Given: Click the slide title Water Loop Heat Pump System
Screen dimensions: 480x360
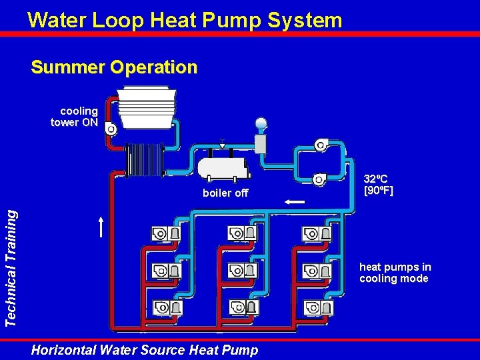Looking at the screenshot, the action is tap(185, 20).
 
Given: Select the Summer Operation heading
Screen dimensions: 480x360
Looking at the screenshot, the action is tap(114, 67).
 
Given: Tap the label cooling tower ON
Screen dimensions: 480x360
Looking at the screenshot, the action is tap(75, 117).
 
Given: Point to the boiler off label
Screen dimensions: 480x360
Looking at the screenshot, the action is tap(225, 193).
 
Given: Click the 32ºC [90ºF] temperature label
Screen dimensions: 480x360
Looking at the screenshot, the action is tap(379, 185).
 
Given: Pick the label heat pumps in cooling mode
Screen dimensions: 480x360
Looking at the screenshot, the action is tap(395, 273).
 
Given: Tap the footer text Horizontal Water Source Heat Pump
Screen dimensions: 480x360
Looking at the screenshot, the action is tap(145, 349).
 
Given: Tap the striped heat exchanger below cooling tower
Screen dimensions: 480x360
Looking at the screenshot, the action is tap(145, 159).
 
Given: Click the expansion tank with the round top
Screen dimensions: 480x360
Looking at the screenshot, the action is tap(261, 137).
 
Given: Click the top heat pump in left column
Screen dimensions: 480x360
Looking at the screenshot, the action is tap(167, 233).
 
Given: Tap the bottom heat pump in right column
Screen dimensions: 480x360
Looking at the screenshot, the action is tap(317, 308).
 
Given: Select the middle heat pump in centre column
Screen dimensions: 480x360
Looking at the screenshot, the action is tap(242, 271).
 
